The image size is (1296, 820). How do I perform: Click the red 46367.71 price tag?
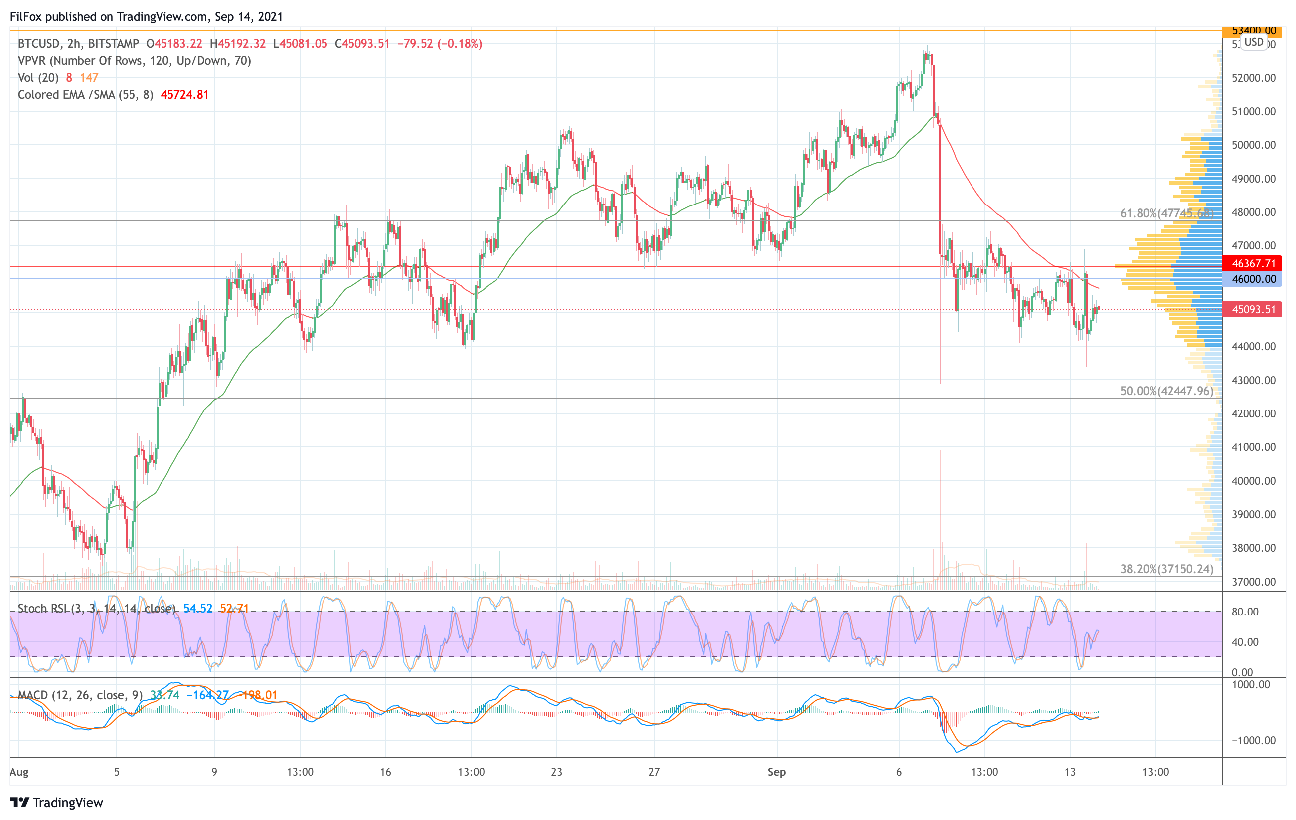click(1253, 263)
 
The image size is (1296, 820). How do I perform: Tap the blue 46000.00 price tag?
click(1253, 279)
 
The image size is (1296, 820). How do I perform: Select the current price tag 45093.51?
click(1253, 310)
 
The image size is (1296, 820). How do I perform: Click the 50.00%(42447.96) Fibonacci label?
click(1166, 391)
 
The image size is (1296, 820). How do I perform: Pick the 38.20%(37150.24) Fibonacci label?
click(1166, 569)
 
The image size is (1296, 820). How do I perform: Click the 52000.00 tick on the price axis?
click(1253, 78)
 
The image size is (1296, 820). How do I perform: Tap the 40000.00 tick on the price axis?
click(1253, 481)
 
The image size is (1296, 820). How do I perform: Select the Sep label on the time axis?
click(776, 772)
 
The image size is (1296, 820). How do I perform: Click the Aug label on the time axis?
click(19, 772)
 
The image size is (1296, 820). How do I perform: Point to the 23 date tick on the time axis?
click(556, 772)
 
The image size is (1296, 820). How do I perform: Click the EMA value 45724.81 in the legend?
click(184, 95)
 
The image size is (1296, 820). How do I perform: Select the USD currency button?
click(1254, 42)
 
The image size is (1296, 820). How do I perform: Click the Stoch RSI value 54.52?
click(197, 609)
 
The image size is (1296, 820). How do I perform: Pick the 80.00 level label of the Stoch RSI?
click(1245, 612)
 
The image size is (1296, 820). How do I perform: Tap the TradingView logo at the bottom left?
click(56, 802)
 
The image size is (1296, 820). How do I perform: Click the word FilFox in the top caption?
click(26, 16)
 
